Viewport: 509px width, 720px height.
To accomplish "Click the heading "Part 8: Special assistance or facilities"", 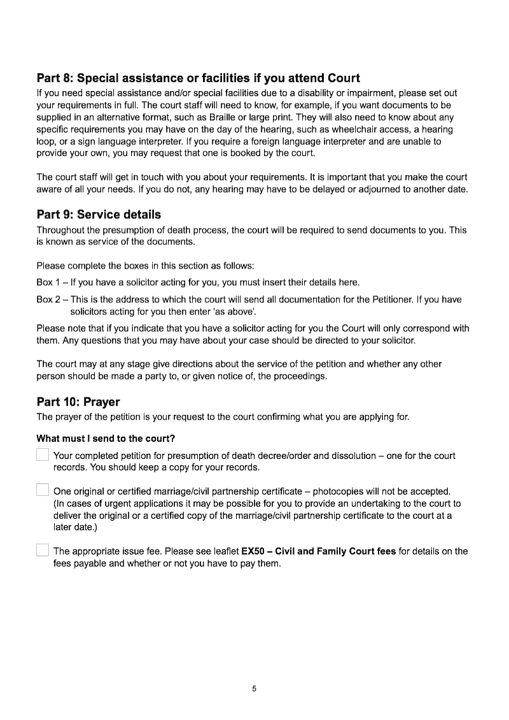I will point(198,78).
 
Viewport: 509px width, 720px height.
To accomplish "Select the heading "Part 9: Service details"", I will point(99,215).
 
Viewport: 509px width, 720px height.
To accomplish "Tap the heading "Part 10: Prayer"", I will point(78,402).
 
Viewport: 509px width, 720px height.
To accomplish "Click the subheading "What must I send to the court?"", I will point(106,439).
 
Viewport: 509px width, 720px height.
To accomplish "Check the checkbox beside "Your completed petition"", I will point(43,455).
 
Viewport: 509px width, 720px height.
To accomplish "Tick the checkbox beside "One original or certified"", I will point(43,490).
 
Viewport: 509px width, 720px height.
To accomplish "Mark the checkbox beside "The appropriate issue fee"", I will point(43,550).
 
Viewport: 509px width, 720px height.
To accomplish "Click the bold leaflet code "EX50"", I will point(253,551).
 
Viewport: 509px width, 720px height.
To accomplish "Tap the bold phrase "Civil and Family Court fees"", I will point(335,551).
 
